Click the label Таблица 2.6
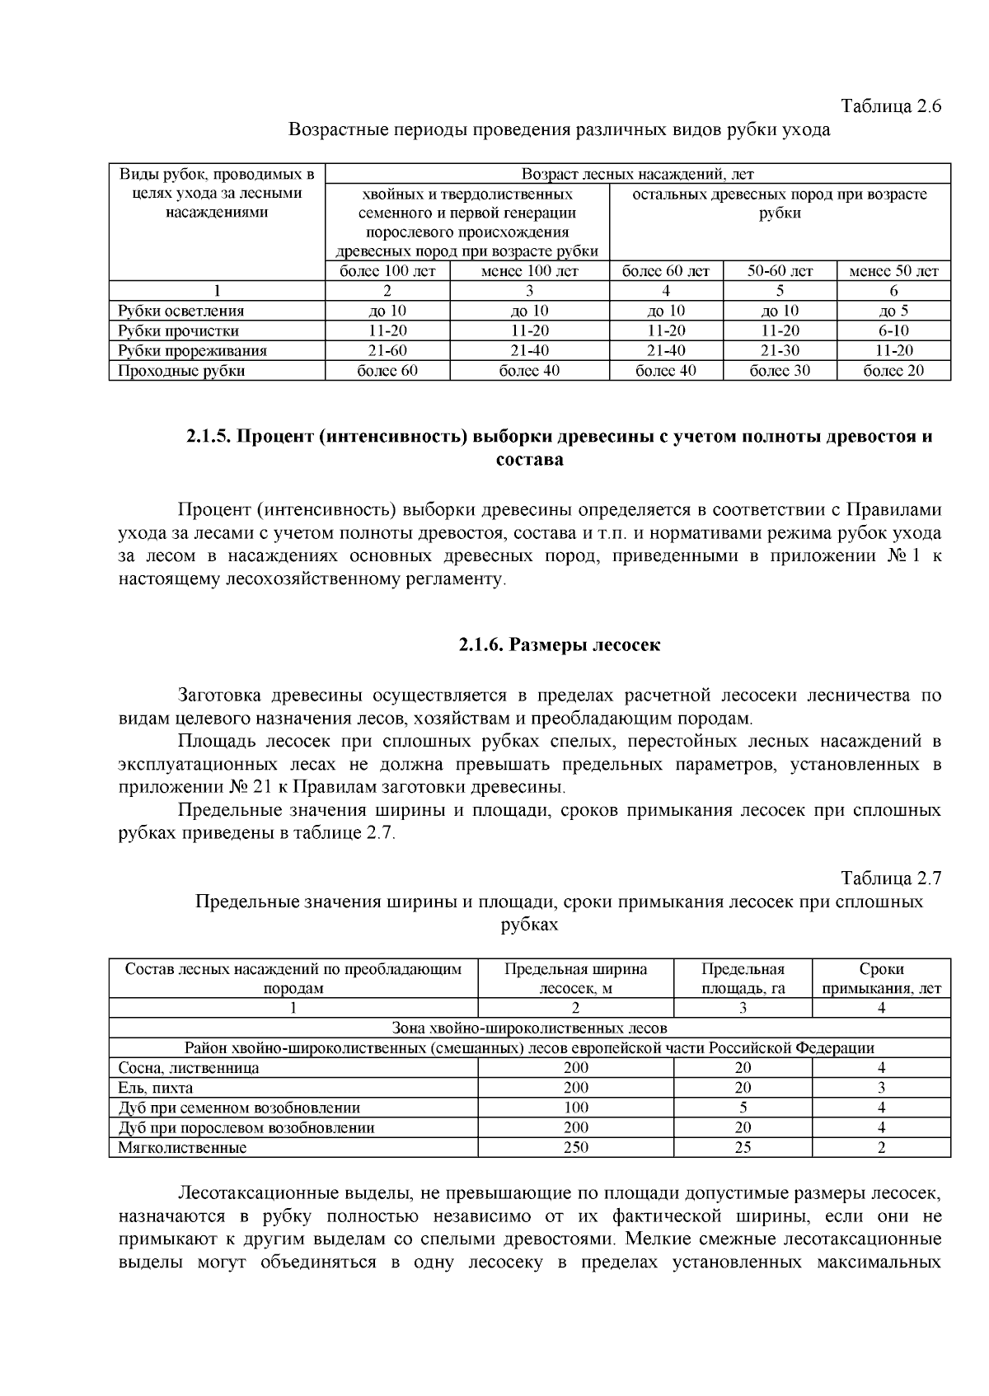pos(890,106)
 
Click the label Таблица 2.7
pos(890,878)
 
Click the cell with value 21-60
pos(387,350)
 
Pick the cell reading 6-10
pos(893,330)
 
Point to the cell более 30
pos(780,371)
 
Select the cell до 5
pos(893,311)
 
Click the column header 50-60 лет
pos(780,270)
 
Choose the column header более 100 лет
pos(387,270)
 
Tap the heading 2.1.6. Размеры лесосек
pos(560,644)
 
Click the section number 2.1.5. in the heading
pos(209,437)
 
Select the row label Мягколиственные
pos(182,1147)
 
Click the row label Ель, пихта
pos(156,1088)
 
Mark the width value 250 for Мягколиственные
pos(575,1147)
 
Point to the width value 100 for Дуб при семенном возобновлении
pos(575,1108)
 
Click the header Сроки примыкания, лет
pos(881,978)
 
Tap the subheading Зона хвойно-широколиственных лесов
pos(529,1028)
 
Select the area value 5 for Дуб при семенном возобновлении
pos(743,1108)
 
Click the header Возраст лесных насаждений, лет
pos(637,174)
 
